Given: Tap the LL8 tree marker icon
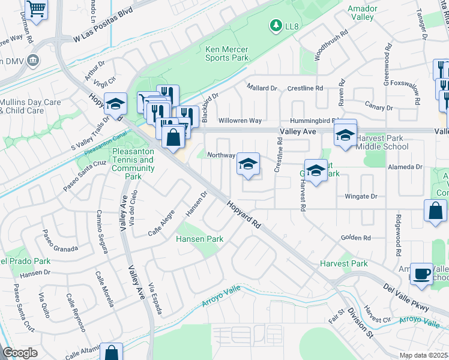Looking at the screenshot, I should [276, 25].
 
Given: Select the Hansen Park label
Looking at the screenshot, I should [199, 239].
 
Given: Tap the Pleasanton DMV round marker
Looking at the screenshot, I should [33, 61].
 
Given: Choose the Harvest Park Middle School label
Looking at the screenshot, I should [382, 142].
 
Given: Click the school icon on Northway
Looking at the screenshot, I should [248, 164].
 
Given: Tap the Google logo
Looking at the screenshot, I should [20, 353].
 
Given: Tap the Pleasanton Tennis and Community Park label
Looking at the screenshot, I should [133, 164].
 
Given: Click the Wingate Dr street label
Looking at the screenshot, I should [361, 196].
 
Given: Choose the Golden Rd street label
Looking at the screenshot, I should [357, 238].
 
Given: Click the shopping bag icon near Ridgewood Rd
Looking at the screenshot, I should [435, 211].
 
